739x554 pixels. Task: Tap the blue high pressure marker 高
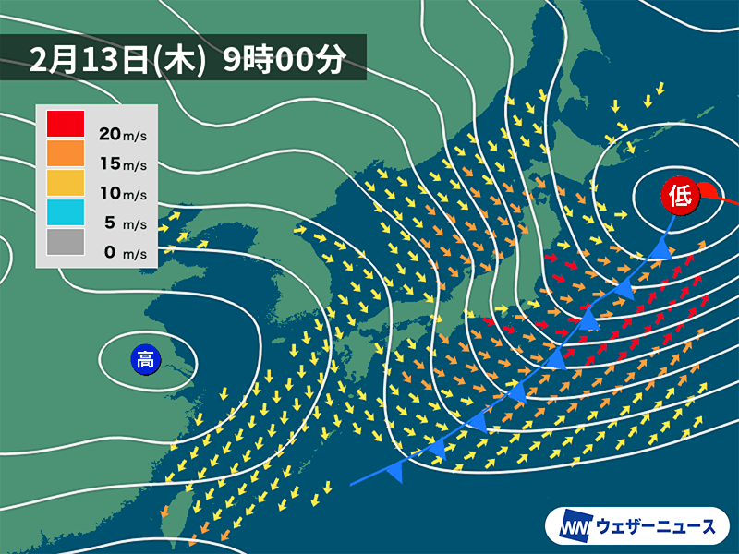click(145, 359)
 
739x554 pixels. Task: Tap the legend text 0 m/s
click(122, 252)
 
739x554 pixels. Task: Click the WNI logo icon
click(574, 527)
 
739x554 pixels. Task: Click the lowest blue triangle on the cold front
click(395, 472)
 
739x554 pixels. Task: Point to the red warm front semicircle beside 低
click(709, 191)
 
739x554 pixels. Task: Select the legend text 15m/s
click(122, 164)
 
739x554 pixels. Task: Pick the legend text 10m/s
click(122, 194)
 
